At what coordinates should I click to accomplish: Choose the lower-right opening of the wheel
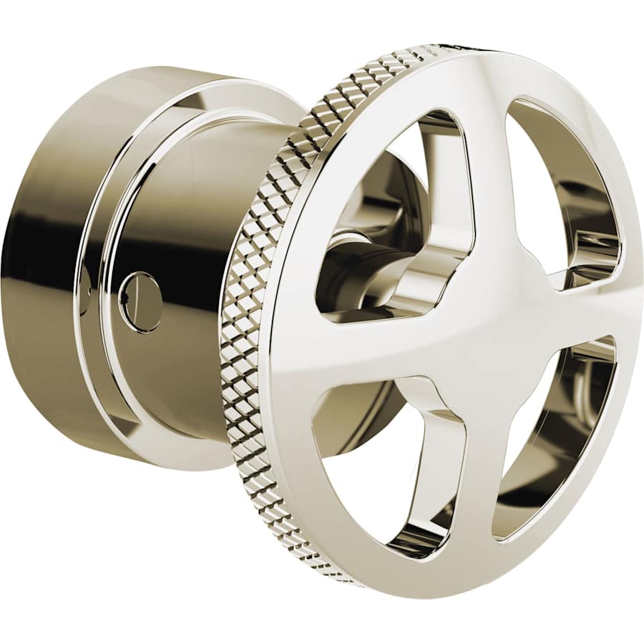555,436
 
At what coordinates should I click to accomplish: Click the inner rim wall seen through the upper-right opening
587,215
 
